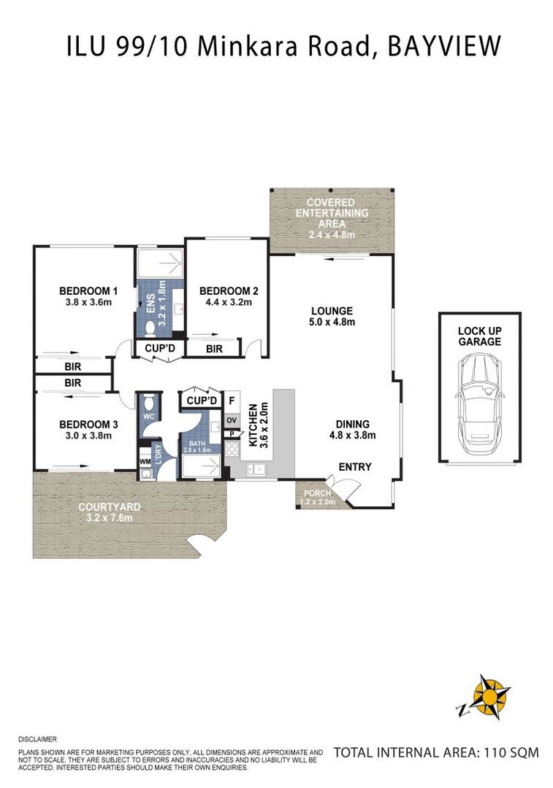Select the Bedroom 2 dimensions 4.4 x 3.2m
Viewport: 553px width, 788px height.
click(x=229, y=303)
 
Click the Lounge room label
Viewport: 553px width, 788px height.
click(x=332, y=310)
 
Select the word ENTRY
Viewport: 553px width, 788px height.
click(x=355, y=467)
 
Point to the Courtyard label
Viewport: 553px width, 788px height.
click(x=109, y=506)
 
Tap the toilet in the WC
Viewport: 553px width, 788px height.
click(x=148, y=404)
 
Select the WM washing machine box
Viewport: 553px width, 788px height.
click(x=145, y=461)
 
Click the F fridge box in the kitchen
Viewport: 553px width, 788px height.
click(x=232, y=401)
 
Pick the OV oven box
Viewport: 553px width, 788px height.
click(x=232, y=420)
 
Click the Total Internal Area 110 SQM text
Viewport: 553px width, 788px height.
click(x=435, y=752)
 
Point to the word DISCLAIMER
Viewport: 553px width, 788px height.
click(x=37, y=739)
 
